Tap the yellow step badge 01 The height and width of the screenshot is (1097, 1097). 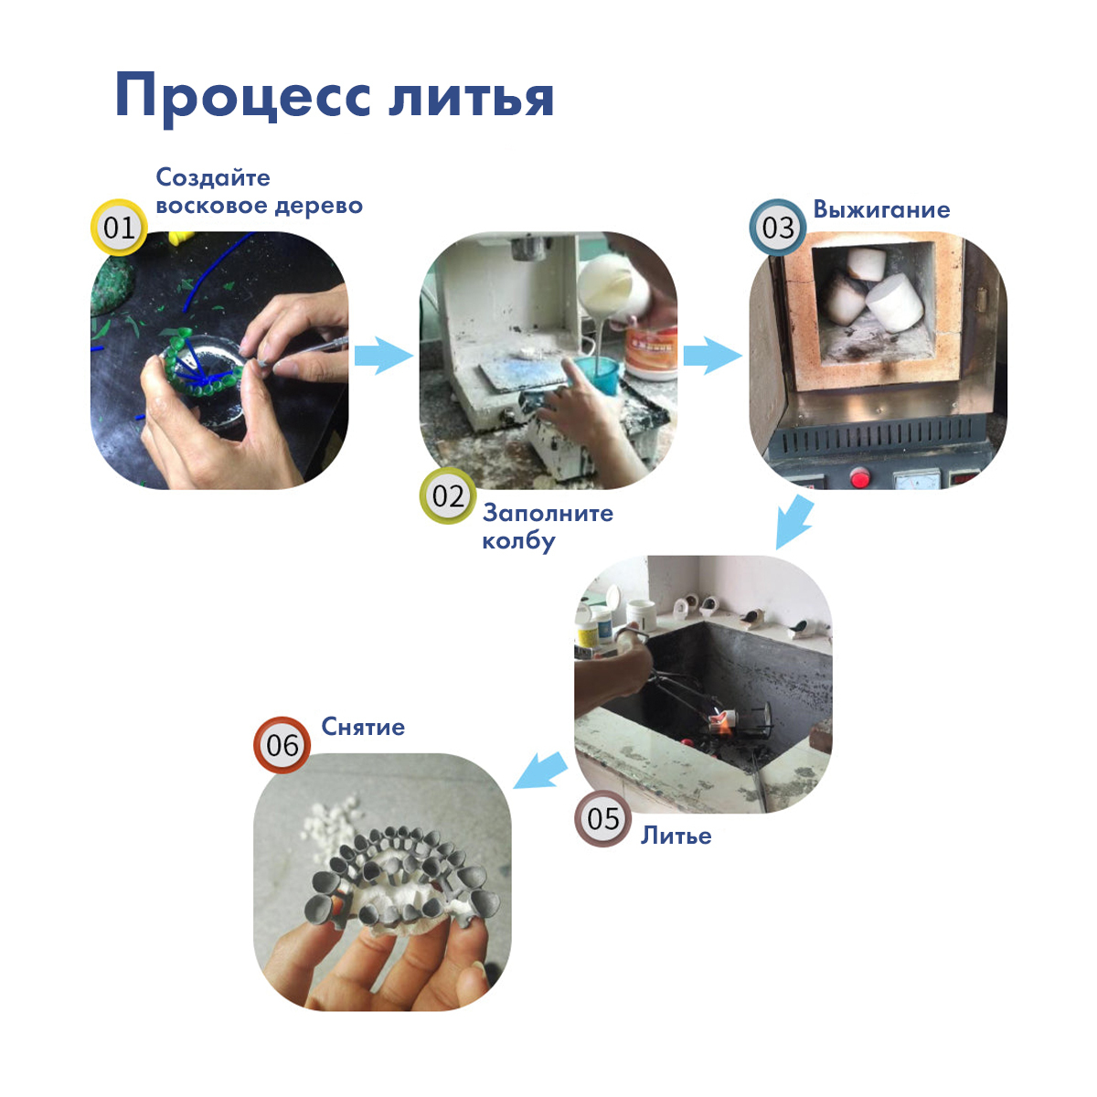(119, 228)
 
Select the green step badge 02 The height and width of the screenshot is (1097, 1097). (448, 495)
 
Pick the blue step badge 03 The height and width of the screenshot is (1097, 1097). (778, 227)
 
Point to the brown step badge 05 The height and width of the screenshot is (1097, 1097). (602, 818)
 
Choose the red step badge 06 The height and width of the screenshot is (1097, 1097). (282, 745)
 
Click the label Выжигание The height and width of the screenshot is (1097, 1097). (881, 209)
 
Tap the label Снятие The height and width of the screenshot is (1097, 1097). (363, 727)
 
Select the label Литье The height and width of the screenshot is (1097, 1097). (676, 836)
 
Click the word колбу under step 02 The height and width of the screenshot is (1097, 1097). (518, 541)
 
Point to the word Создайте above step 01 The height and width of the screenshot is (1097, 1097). (213, 177)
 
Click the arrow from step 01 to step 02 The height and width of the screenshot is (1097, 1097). (384, 356)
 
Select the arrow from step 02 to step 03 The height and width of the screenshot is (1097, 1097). (712, 356)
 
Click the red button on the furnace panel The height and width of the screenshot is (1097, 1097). (859, 477)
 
